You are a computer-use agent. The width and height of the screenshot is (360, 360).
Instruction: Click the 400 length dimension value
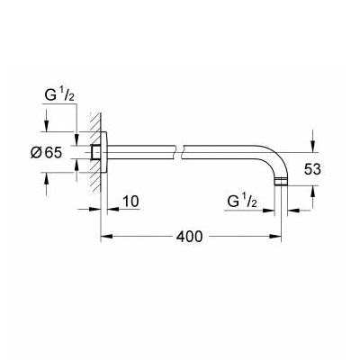189,237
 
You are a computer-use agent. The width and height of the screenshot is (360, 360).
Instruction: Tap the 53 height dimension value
312,169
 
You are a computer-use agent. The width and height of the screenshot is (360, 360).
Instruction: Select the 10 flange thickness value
131,202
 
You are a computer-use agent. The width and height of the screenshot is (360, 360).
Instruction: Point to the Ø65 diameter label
46,153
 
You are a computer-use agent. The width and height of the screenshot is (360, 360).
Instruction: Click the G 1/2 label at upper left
59,96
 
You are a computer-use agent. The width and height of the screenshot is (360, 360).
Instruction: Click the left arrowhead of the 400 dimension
107,237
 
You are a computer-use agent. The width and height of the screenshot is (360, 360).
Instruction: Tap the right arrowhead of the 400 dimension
275,237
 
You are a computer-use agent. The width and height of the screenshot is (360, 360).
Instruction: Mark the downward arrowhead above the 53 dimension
312,147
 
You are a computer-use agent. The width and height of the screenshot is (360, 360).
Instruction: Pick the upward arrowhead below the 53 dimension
312,192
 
